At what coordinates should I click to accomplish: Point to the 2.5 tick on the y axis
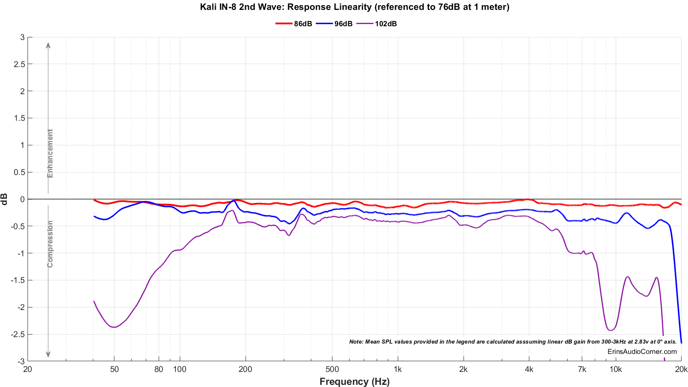20,64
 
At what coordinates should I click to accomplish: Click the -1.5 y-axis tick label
18,280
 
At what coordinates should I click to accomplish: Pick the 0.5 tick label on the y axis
20,172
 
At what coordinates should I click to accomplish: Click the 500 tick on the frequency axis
332,369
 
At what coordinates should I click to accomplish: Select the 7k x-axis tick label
582,369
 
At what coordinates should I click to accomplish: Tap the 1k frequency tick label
398,369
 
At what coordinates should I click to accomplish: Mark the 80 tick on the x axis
159,369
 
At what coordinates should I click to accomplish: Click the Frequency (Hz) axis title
354,381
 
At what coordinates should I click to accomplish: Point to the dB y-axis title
5,199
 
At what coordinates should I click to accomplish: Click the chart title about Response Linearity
354,7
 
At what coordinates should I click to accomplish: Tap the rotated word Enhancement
50,154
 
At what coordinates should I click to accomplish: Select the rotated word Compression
50,244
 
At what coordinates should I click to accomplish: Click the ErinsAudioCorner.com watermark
642,351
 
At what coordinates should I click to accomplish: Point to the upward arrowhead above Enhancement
48,45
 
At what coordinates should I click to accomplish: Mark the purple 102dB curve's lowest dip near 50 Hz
114,327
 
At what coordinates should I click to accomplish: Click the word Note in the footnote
356,342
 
